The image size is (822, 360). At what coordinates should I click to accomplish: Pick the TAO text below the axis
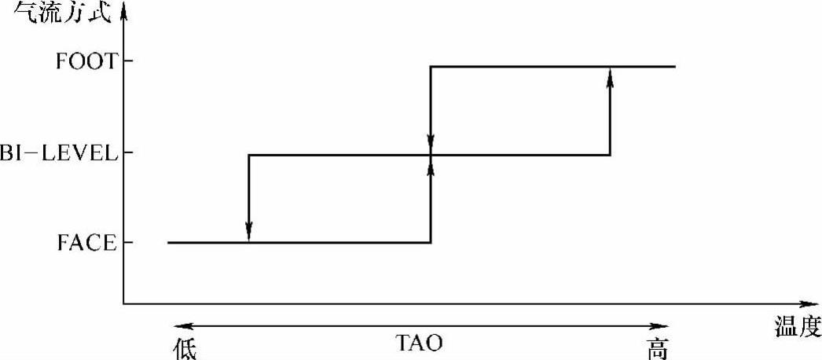418,343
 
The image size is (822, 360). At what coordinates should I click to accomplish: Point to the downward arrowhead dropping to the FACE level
248,231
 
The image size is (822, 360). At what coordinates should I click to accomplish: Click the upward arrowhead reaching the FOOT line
611,75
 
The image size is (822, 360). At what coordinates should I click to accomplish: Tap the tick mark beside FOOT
127,61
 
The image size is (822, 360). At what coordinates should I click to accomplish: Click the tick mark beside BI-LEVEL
127,152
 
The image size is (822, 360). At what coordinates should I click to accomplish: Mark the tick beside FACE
127,243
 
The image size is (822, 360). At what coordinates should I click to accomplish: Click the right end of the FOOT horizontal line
674,66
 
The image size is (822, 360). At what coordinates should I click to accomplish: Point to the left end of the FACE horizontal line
168,243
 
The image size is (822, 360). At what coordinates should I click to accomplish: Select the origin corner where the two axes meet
124,303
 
